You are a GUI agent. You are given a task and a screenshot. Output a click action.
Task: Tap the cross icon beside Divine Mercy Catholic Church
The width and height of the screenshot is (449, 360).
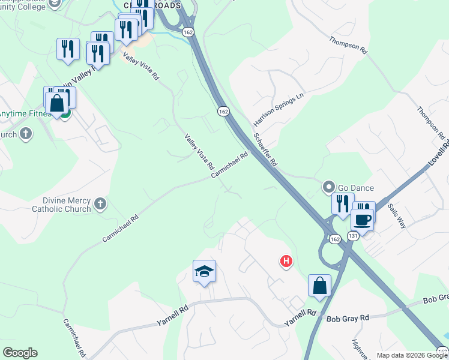click(x=100, y=205)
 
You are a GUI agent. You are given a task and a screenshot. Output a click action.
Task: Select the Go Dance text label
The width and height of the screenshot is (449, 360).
click(x=357, y=188)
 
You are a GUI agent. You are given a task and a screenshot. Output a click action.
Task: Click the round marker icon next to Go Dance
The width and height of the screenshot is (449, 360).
click(x=329, y=187)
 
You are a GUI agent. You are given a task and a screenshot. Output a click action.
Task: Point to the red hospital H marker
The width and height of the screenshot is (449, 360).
click(x=286, y=261)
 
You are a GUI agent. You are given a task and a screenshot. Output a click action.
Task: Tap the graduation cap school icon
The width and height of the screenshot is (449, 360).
click(x=204, y=272)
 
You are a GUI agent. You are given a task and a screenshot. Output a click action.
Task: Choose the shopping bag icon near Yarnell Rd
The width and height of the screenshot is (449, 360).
click(x=319, y=286)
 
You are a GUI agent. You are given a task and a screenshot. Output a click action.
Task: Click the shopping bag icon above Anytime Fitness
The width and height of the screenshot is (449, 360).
click(x=57, y=103)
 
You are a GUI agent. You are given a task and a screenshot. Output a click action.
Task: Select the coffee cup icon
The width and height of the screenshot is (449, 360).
click(x=363, y=219)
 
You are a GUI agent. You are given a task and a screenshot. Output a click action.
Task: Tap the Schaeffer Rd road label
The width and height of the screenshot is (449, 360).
click(x=265, y=149)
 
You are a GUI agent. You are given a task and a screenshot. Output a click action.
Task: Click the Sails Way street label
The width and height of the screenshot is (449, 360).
click(x=397, y=216)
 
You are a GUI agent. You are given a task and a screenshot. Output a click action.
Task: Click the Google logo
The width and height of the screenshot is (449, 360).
click(x=20, y=353)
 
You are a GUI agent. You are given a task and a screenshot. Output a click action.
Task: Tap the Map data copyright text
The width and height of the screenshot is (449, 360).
click(x=412, y=355)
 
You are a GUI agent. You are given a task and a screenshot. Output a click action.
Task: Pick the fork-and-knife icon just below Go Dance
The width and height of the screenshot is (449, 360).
click(x=342, y=204)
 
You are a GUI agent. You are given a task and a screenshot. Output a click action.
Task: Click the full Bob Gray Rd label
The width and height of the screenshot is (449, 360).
click(x=349, y=317)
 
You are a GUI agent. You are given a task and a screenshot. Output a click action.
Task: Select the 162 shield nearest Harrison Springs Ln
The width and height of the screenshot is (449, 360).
click(x=223, y=112)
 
